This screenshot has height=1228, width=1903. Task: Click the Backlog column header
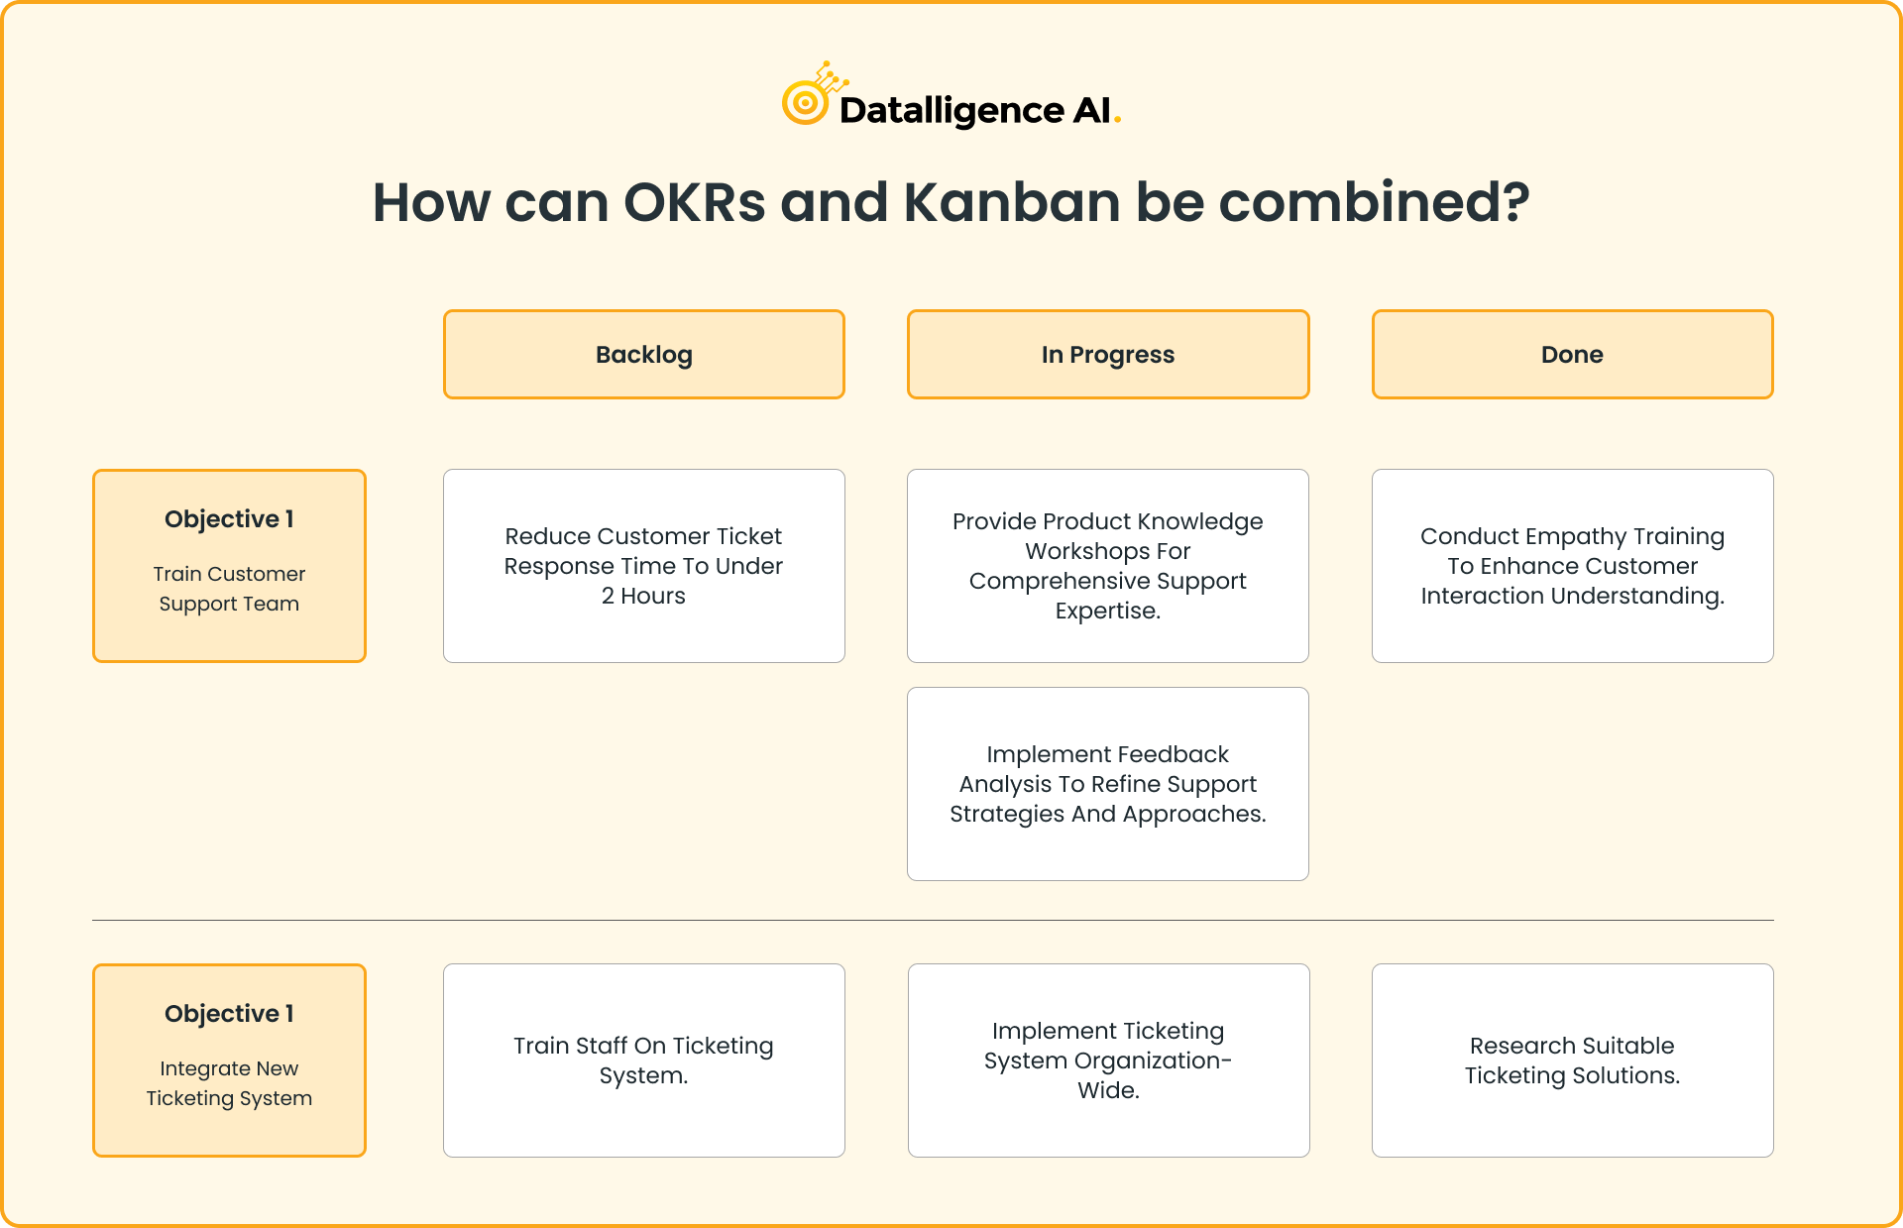[x=644, y=354]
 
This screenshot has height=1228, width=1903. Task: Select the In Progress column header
[x=1108, y=354]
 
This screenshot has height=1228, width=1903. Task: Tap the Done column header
[x=1573, y=354]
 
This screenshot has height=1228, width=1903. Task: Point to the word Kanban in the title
[x=1011, y=202]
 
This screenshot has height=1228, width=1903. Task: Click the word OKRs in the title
[x=694, y=202]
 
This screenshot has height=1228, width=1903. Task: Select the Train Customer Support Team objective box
[x=229, y=566]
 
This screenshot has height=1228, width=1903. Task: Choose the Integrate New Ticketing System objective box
[x=229, y=1061]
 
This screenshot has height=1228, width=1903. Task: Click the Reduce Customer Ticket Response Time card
[x=644, y=566]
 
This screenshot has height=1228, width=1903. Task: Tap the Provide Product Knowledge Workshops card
[x=1108, y=566]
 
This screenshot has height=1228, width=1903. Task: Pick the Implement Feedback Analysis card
[x=1108, y=784]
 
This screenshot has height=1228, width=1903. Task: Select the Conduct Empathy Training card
[x=1573, y=566]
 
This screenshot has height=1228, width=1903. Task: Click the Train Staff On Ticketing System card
[x=644, y=1061]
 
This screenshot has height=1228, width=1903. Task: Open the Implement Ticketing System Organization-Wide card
[x=1108, y=1061]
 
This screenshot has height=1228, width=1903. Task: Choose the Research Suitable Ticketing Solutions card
[x=1573, y=1061]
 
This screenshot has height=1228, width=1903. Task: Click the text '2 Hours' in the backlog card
[x=643, y=596]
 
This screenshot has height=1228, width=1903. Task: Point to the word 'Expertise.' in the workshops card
[x=1108, y=612]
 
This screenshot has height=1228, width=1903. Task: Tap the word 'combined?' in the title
[x=1374, y=202]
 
